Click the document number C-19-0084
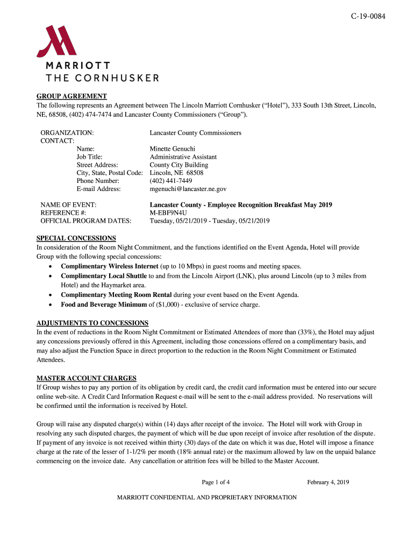368,16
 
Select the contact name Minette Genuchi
172,149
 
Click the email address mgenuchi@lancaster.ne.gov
188,189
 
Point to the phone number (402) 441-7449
170,181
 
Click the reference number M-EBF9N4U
168,213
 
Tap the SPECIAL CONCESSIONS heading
76,238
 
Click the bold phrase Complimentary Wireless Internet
110,266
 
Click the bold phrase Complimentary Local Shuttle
104,276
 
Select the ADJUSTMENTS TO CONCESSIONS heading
92,323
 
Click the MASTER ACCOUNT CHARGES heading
86,378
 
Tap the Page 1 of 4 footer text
216,482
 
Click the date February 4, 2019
328,482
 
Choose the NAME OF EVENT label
68,205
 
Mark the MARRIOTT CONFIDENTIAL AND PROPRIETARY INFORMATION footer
207,498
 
